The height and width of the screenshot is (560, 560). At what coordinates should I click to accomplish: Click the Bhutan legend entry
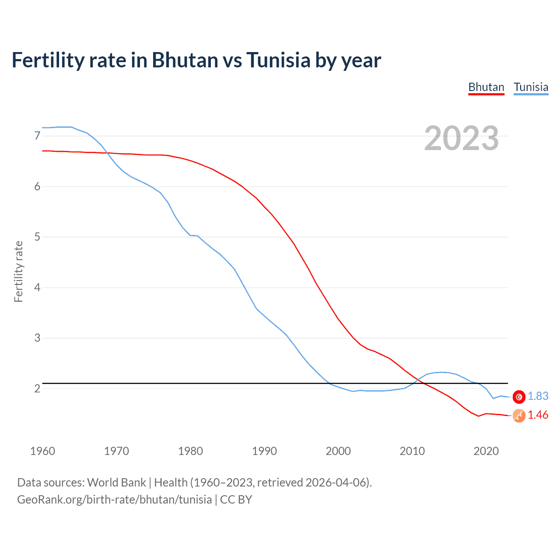click(486, 87)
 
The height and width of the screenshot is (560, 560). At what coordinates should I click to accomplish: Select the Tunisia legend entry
click(531, 87)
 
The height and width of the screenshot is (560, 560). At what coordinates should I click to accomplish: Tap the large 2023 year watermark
click(462, 138)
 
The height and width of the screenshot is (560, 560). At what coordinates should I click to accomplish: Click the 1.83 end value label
click(538, 396)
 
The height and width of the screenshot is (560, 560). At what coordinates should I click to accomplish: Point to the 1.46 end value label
click(538, 415)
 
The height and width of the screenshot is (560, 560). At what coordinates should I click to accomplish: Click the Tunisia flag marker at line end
click(519, 397)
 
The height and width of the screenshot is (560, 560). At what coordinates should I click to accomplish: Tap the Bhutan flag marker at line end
click(519, 416)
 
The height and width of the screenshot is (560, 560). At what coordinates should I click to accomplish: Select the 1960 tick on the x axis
click(42, 451)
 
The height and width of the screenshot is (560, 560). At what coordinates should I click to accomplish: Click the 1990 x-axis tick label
click(264, 451)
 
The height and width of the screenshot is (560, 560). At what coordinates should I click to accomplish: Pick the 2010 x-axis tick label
click(412, 451)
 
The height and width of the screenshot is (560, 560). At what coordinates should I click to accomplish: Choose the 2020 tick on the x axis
click(486, 451)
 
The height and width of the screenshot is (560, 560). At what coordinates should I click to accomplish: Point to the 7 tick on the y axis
click(37, 136)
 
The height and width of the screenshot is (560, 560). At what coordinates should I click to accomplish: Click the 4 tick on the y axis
click(37, 287)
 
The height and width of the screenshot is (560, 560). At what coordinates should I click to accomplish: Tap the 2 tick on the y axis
click(37, 388)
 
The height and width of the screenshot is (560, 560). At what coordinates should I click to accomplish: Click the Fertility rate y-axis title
click(18, 271)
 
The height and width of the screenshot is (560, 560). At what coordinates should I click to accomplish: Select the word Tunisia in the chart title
click(278, 60)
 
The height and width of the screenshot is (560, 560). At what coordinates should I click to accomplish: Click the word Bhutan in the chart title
click(185, 60)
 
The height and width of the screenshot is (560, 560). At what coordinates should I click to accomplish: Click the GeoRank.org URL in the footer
click(114, 500)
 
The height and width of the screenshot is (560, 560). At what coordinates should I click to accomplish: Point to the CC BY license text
click(236, 500)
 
